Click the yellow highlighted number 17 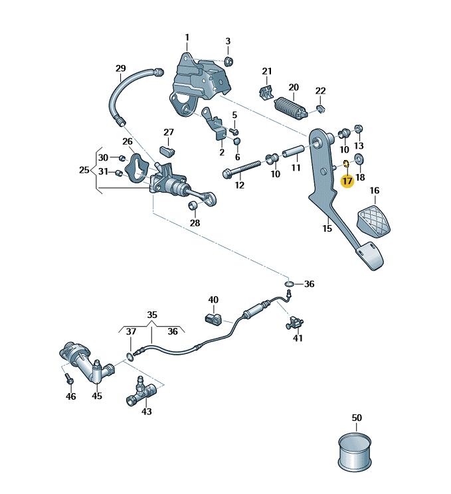(347, 181)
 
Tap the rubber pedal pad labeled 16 (376, 221)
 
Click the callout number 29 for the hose (120, 68)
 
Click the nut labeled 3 (228, 62)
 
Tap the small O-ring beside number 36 (290, 284)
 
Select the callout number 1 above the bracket (187, 37)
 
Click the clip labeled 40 (214, 320)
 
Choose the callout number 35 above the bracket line (152, 314)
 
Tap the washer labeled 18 (360, 159)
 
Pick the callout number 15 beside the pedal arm (327, 228)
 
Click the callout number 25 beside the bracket (84, 170)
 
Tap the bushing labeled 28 (195, 208)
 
